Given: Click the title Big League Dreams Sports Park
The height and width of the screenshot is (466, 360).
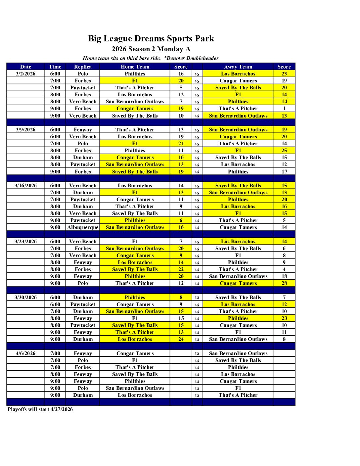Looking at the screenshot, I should point(151,39).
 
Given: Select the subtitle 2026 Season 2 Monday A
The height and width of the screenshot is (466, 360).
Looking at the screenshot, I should point(151,49).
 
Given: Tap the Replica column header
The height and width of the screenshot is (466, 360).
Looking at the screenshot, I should point(83,67).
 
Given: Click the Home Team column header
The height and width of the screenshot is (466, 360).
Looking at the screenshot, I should point(135,67).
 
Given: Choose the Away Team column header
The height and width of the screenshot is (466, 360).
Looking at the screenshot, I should point(238,67).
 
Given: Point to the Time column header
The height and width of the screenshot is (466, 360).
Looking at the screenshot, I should point(55,67).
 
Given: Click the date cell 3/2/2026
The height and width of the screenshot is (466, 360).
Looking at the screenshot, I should point(25,74).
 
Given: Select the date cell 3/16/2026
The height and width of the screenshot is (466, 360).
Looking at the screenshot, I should point(25,186).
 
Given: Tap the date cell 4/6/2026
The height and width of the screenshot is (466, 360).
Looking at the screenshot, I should point(25,353).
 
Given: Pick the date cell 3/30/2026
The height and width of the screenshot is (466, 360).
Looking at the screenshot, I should point(25,298).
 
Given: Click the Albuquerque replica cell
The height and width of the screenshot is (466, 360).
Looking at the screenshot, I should point(83,227).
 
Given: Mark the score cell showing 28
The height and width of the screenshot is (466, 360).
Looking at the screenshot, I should point(284,283).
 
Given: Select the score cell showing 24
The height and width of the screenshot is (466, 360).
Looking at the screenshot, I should point(181,339).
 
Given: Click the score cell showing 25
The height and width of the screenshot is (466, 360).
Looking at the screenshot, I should point(284,151).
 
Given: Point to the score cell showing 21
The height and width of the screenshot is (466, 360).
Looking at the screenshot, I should point(181,144).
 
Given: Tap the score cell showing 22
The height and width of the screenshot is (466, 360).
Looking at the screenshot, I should point(181,269).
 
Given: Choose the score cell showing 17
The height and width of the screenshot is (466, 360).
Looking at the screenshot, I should point(284,172).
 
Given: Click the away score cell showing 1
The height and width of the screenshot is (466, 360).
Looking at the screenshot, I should point(284,109).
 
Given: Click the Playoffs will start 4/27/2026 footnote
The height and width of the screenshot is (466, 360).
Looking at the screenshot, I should point(40,409).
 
